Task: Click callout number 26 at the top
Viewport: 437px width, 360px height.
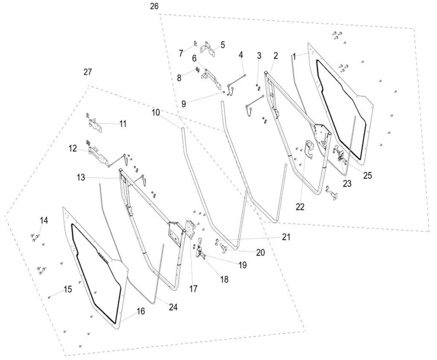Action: coord(154,7)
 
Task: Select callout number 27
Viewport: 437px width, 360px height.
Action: coord(87,72)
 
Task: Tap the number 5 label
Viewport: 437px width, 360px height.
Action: coord(223,44)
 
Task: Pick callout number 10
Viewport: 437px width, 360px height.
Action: coord(155,113)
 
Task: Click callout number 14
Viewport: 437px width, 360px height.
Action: coord(44,221)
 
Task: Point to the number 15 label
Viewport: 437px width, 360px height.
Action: coord(67,290)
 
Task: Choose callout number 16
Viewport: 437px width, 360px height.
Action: coord(141,311)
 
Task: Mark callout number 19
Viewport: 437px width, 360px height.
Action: coord(242,265)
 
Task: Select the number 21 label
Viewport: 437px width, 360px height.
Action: coord(285,237)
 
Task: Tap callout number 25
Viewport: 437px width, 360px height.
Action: coord(367,174)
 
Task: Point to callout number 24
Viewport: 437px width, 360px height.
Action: coord(173,306)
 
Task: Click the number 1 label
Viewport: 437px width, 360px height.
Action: coord(294,56)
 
